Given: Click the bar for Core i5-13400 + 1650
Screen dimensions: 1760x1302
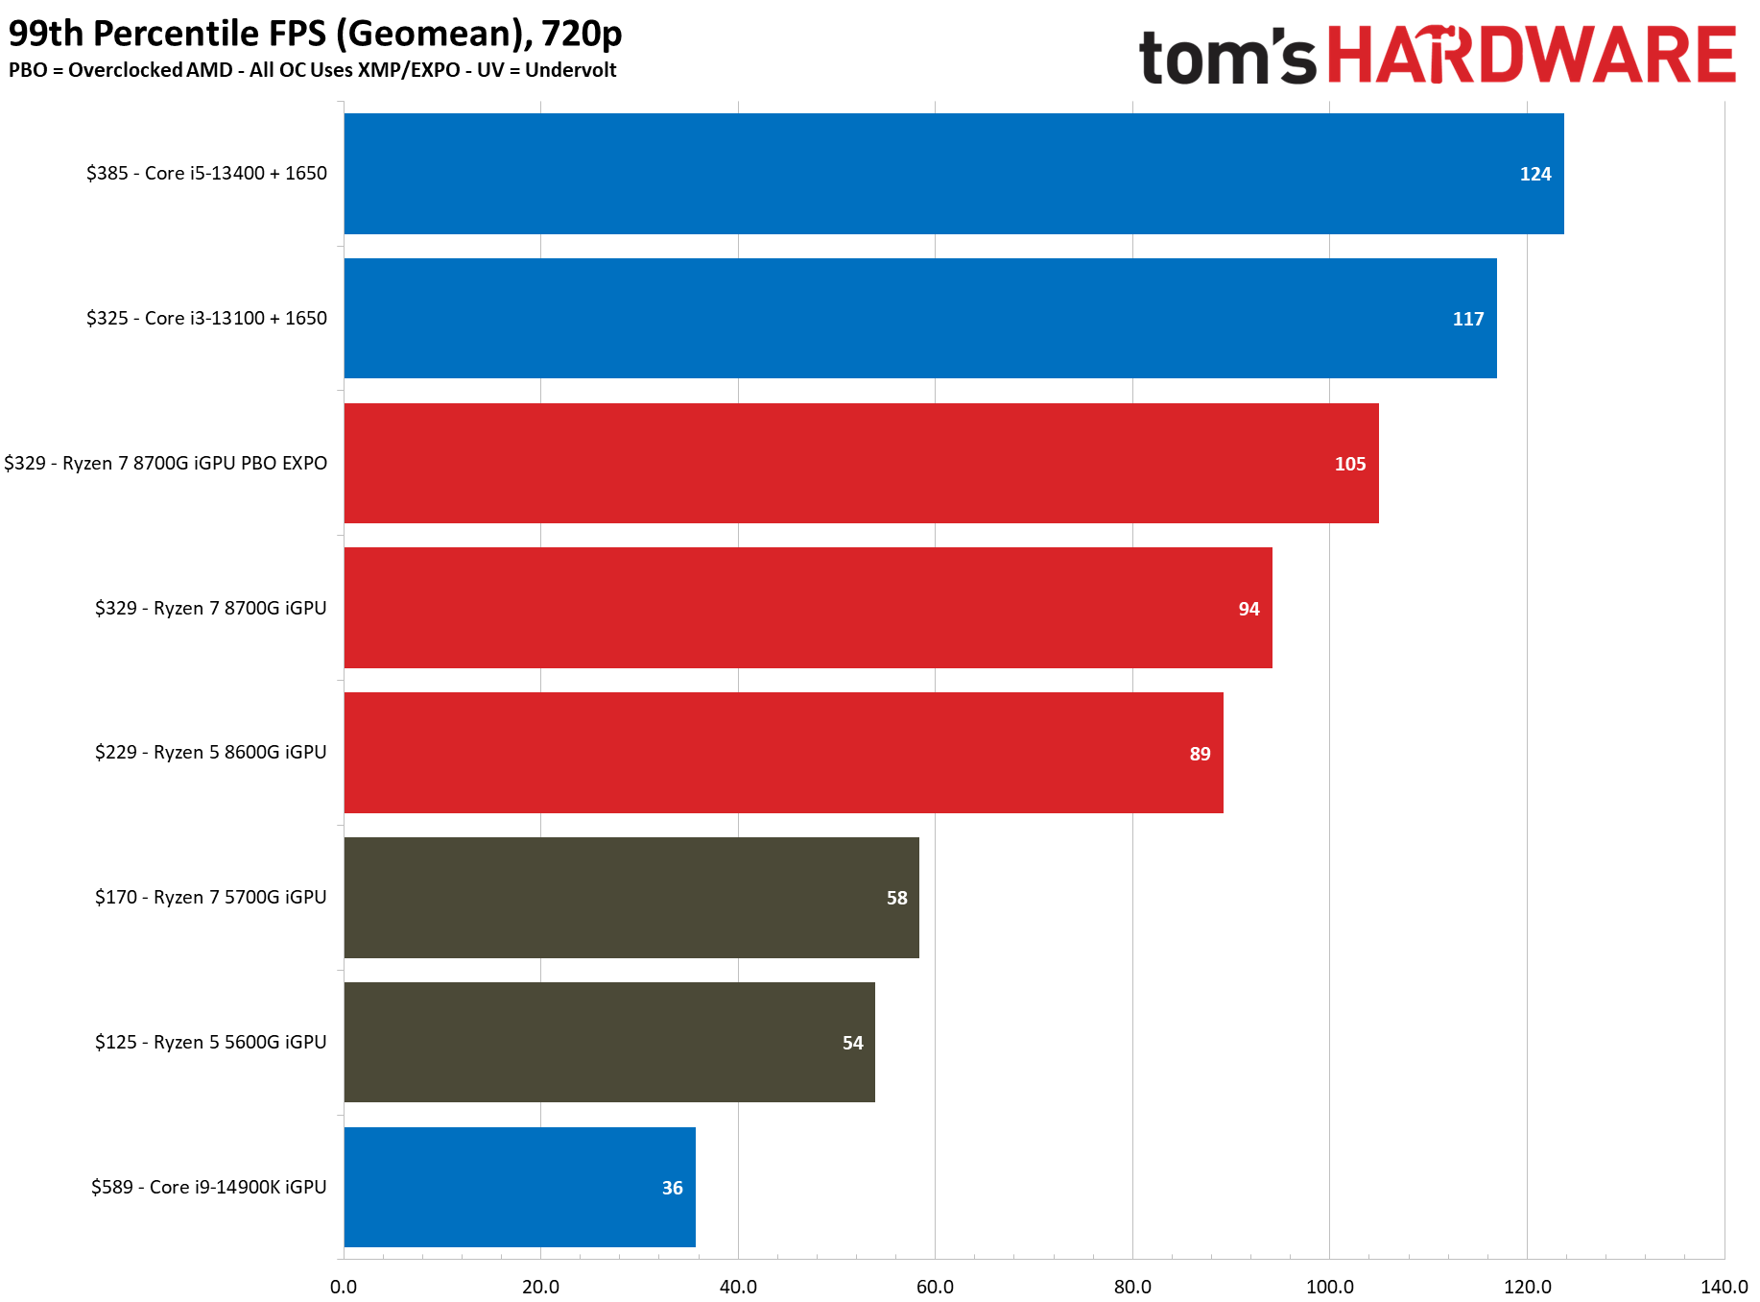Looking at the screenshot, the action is pos(954,174).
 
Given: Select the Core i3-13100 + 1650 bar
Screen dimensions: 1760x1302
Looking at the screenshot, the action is pos(920,318).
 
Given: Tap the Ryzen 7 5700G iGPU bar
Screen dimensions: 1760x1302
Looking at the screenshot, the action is pos(631,898).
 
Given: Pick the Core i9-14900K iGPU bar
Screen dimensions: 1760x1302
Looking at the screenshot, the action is pos(520,1187).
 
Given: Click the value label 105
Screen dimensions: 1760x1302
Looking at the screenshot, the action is pos(1350,464).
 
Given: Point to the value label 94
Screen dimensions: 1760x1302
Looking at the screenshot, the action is pos(1249,609).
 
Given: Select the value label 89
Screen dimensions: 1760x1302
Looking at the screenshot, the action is pos(1200,754).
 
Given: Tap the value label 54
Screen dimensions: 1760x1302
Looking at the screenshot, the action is pos(852,1043).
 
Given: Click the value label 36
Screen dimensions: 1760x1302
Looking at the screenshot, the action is pos(672,1188).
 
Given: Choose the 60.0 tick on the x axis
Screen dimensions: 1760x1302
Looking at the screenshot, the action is pos(935,1287).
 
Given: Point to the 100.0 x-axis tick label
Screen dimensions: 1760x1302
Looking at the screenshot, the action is pos(1329,1287).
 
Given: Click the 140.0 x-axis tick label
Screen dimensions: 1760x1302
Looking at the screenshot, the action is pos(1724,1287).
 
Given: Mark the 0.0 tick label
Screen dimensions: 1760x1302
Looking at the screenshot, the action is pos(344,1287).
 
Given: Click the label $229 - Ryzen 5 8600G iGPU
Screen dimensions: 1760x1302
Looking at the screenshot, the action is pos(211,752).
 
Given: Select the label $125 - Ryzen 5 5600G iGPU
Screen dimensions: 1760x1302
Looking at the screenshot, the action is pos(211,1042).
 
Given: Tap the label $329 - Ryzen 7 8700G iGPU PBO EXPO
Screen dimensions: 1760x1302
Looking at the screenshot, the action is pos(165,463).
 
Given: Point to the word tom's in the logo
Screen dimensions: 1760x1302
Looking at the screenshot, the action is pos(1227,56).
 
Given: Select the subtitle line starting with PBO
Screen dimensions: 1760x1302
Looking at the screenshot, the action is pos(312,70).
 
